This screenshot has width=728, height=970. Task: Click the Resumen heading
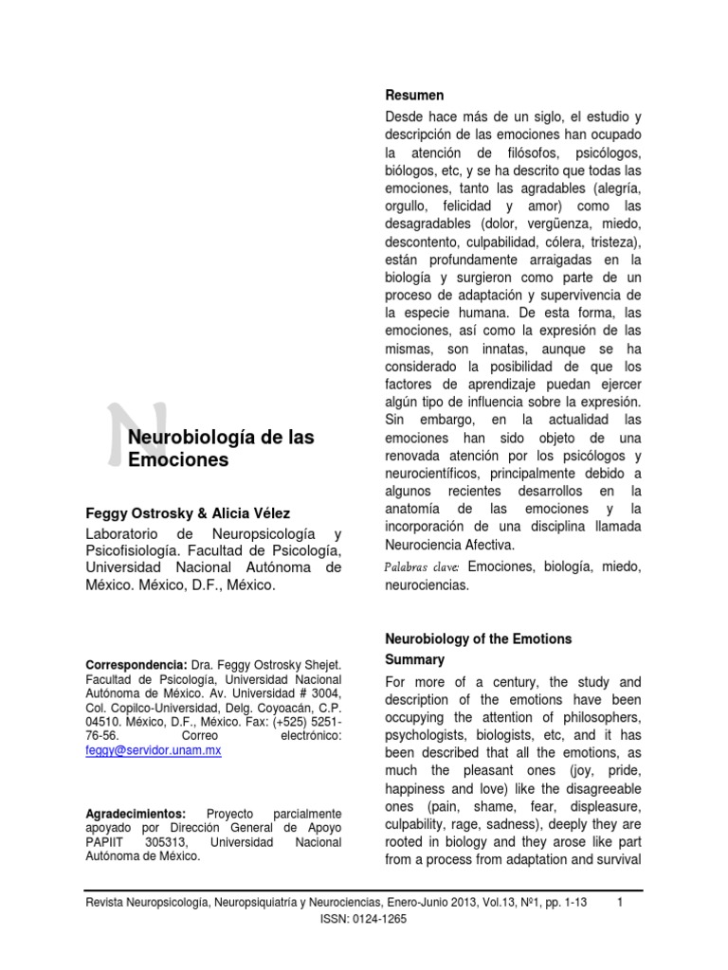414,96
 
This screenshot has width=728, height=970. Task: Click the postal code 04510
104,720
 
